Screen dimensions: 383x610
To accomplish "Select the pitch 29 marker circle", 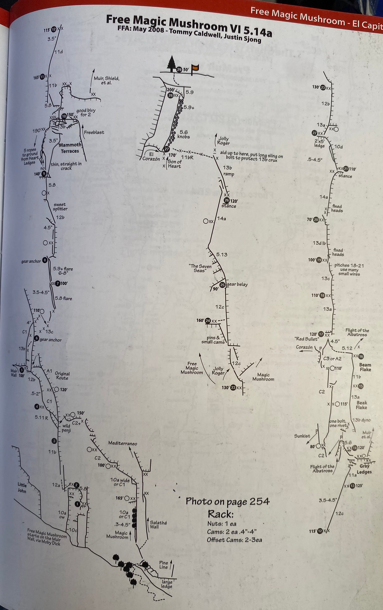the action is coord(179,70).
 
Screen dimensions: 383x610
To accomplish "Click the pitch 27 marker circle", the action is coord(166,149).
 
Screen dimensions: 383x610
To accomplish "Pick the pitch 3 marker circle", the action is coord(54,441).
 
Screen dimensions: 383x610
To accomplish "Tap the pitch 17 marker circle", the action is coord(321,334).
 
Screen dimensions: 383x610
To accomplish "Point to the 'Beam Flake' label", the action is coord(365,367).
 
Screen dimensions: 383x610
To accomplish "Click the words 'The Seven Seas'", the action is coord(200,268).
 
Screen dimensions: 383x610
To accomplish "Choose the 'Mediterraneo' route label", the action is coord(123,443).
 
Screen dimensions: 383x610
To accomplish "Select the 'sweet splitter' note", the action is coord(60,207).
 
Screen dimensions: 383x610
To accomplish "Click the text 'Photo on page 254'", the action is coord(228,501).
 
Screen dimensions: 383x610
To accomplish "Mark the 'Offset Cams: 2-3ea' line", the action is coord(234,540).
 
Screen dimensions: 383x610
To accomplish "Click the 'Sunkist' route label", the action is coord(302,436).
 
